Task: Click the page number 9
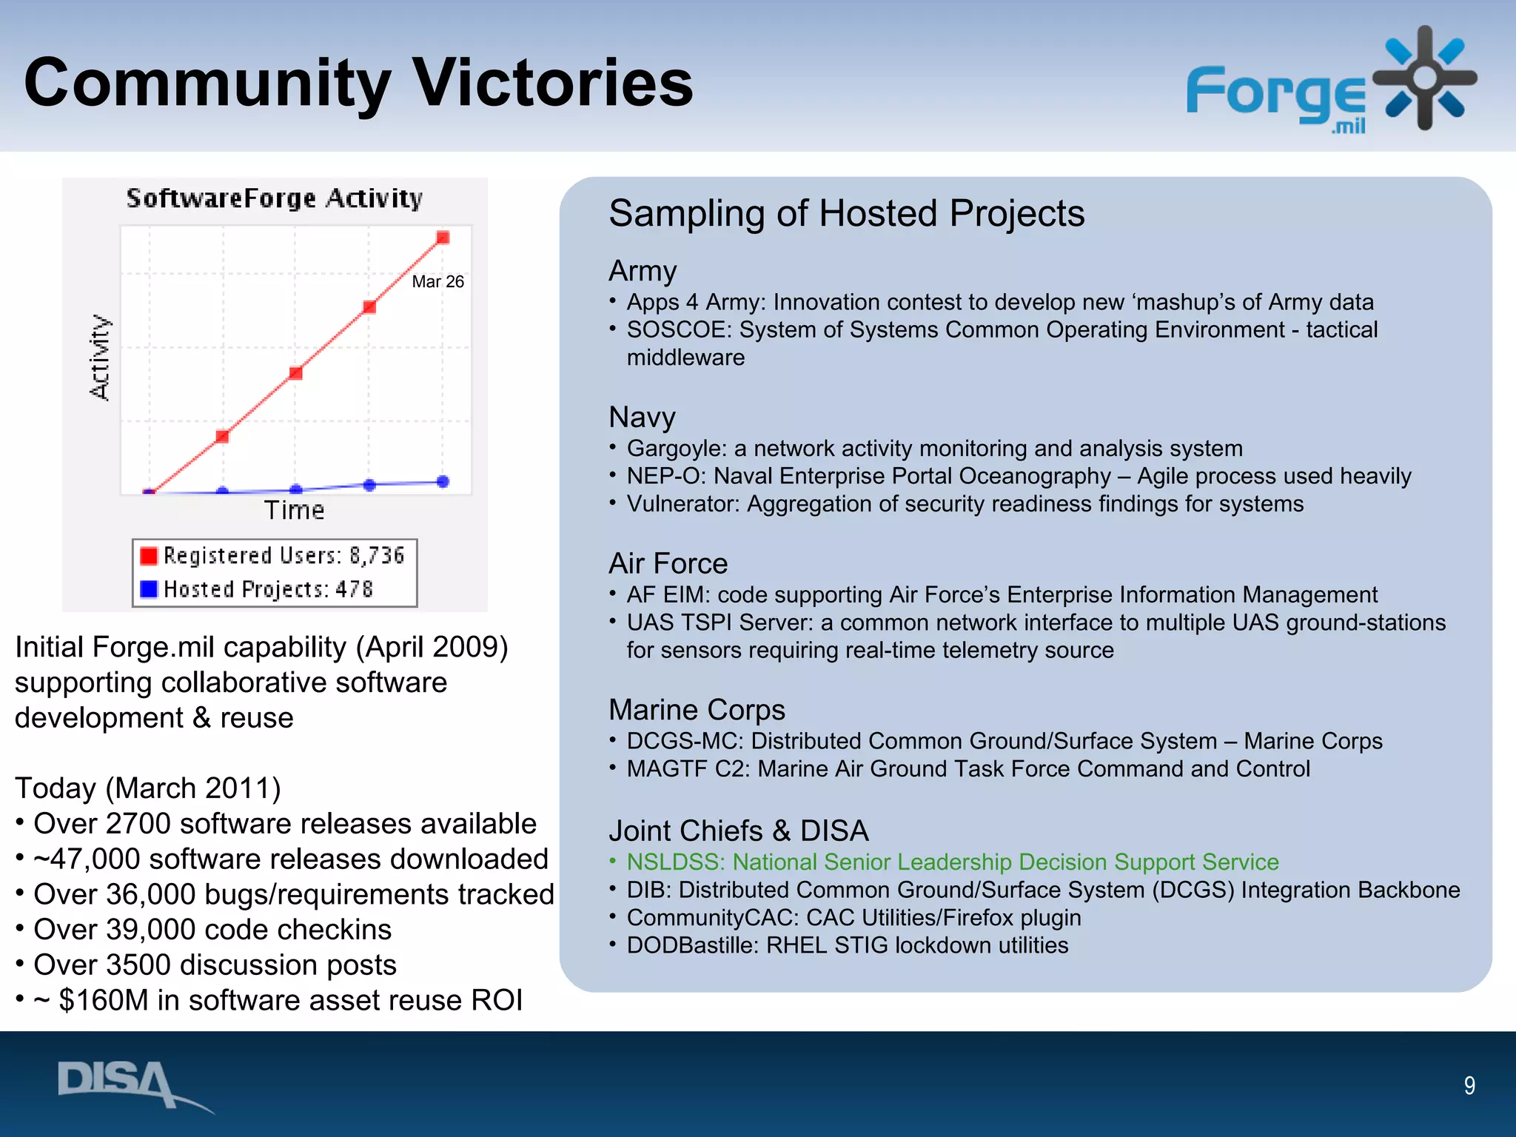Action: point(1469,1085)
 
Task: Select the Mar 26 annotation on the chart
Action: point(437,281)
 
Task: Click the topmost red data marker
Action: point(443,238)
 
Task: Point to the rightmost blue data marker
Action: point(443,482)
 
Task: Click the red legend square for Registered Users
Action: point(149,555)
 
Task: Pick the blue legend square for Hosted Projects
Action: point(149,589)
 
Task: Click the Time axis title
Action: point(294,510)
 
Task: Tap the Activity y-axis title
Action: point(100,358)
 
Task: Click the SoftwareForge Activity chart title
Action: point(274,198)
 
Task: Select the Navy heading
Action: point(642,417)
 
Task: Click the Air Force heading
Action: point(668,563)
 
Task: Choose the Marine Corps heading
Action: point(696,709)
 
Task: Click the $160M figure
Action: point(104,1000)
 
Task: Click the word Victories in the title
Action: point(552,83)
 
